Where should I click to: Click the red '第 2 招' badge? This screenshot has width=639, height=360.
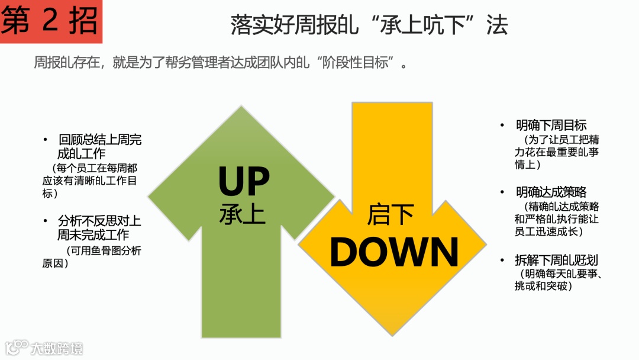pyautogui.click(x=50, y=21)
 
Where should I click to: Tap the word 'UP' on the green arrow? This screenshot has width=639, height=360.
pyautogui.click(x=244, y=182)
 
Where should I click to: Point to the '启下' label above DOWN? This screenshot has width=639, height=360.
pyautogui.click(x=390, y=215)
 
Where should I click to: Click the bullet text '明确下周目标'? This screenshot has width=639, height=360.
pyautogui.click(x=551, y=126)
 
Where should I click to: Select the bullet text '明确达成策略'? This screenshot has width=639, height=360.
pyautogui.click(x=551, y=192)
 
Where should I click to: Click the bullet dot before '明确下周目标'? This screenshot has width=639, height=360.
pyautogui.click(x=502, y=126)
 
